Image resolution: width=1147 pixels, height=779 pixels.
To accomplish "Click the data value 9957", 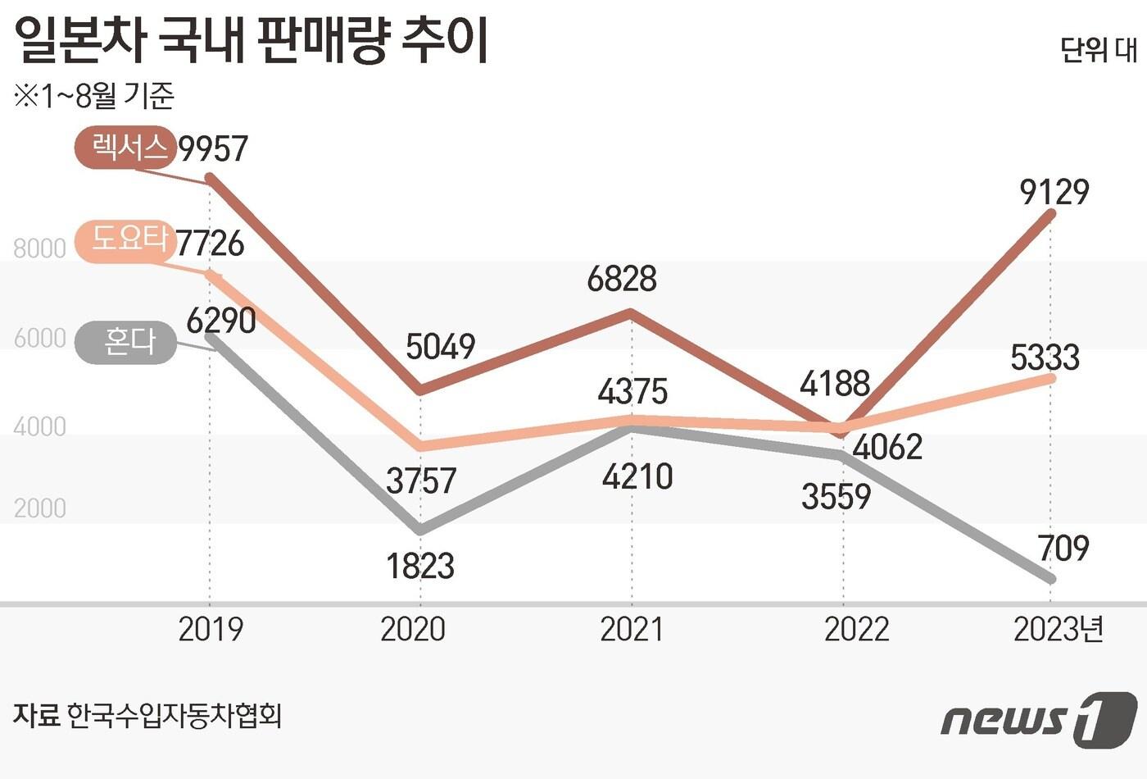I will (213, 148).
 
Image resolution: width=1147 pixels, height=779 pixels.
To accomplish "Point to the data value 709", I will (1063, 548).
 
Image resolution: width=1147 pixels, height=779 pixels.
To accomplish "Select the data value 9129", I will (1054, 192).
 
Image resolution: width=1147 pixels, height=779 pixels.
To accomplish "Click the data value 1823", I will (419, 566).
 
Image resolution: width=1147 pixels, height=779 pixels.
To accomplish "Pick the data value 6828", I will (622, 280).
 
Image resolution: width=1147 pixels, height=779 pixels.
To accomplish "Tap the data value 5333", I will (1045, 358).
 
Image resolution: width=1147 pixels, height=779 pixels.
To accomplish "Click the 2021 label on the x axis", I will (632, 630).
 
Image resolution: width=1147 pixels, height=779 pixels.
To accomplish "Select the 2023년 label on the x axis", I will (1059, 630).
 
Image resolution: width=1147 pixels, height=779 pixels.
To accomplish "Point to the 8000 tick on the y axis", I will (39, 248).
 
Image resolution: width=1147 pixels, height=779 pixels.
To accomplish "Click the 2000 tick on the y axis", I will (39, 508).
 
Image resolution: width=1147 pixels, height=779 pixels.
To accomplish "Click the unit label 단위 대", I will (1099, 51).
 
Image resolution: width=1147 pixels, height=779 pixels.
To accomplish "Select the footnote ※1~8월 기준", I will (94, 97).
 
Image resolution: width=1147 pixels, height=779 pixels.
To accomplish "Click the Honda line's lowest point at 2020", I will (420, 530).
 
